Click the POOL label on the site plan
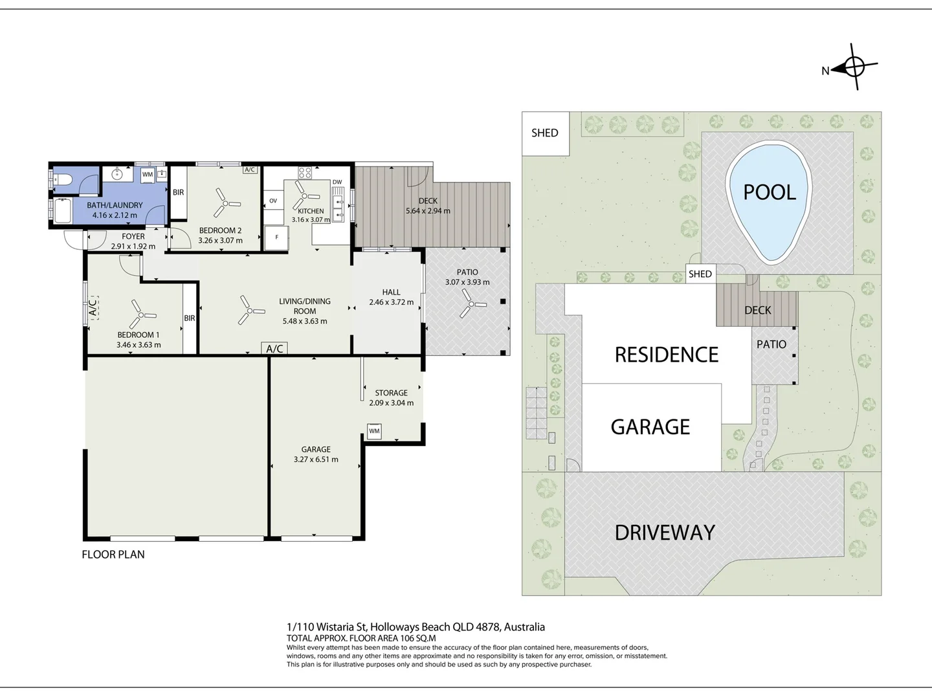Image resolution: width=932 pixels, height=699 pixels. tap(770, 192)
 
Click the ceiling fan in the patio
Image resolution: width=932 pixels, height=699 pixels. tap(471, 304)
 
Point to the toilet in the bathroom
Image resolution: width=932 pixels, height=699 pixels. tap(60, 179)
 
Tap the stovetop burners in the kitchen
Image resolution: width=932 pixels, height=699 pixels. tap(305, 173)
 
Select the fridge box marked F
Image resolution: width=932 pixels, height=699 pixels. tap(276, 238)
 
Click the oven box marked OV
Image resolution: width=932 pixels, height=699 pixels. tap(273, 201)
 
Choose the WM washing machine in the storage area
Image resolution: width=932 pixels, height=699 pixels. tap(374, 431)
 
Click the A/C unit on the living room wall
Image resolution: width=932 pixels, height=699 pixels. tap(274, 348)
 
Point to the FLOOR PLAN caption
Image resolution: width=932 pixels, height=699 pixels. tap(113, 554)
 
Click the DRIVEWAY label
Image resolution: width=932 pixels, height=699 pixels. tap(665, 532)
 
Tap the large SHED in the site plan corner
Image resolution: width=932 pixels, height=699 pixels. tap(545, 133)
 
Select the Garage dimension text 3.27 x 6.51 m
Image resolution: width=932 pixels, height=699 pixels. tap(316, 460)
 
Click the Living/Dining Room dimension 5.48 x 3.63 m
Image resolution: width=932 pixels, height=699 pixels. tap(305, 321)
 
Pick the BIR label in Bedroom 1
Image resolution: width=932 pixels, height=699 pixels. tap(190, 318)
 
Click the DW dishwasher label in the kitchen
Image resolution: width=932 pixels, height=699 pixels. tap(337, 182)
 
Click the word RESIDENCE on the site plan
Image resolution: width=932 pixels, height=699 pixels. tap(667, 355)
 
